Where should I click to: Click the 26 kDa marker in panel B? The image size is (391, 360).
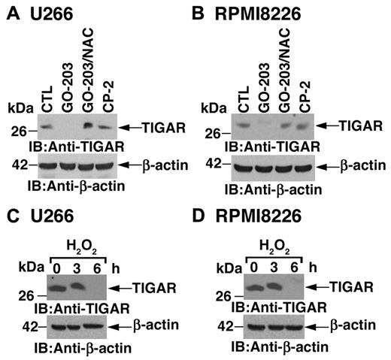tap(217, 134)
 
